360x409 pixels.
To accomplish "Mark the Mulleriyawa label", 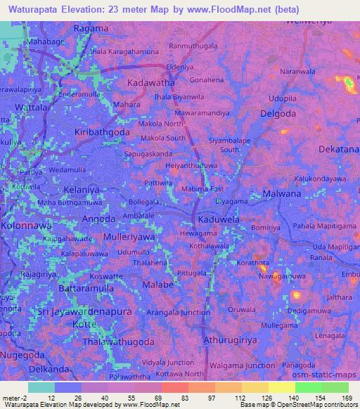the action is [x=129, y=238].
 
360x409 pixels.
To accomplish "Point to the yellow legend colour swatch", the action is [x=281, y=387].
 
